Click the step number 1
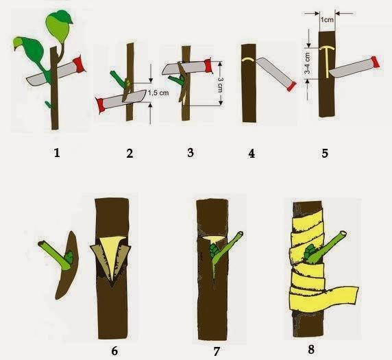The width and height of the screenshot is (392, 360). coord(57,153)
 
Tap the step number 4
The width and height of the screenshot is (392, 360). coord(252,153)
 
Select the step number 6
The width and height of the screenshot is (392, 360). coord(114,351)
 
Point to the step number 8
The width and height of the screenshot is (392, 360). coord(310,349)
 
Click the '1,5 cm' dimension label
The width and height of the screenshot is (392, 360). coord(158,93)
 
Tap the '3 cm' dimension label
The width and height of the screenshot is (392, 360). coord(220,85)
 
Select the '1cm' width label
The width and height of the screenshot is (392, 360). coord(327,19)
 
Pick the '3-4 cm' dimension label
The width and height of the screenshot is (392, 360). coord(307,63)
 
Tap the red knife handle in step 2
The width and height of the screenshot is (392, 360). coord(100,105)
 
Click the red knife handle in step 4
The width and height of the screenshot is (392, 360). coord(291,86)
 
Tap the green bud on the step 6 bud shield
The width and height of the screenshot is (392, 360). coord(69,257)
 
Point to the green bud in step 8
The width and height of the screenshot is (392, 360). coord(309,252)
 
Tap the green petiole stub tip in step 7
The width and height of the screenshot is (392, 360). coord(241,235)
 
